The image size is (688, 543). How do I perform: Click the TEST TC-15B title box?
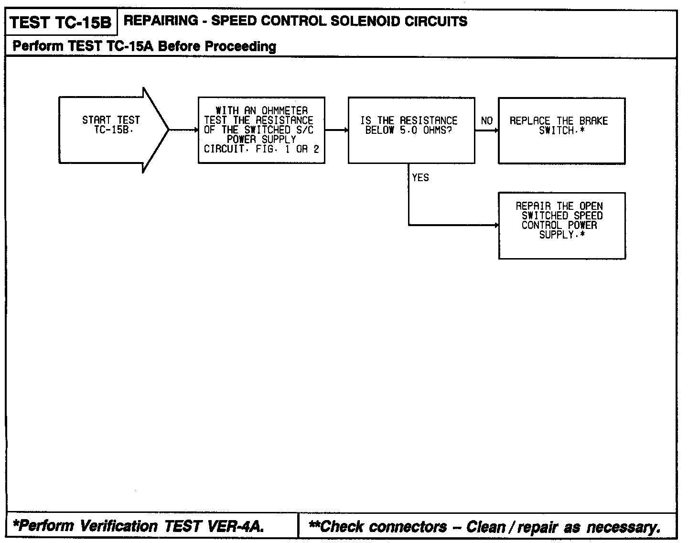[x=61, y=22]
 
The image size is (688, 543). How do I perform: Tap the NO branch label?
[x=486, y=121]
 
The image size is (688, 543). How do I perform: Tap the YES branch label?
[x=420, y=178]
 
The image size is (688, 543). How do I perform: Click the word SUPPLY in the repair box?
[x=556, y=235]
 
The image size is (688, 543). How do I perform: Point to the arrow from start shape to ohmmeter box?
[x=183, y=130]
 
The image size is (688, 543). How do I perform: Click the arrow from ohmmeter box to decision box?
[x=336, y=130]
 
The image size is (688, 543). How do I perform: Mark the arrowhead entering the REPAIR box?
[x=496, y=225]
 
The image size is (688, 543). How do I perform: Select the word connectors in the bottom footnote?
[x=408, y=527]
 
